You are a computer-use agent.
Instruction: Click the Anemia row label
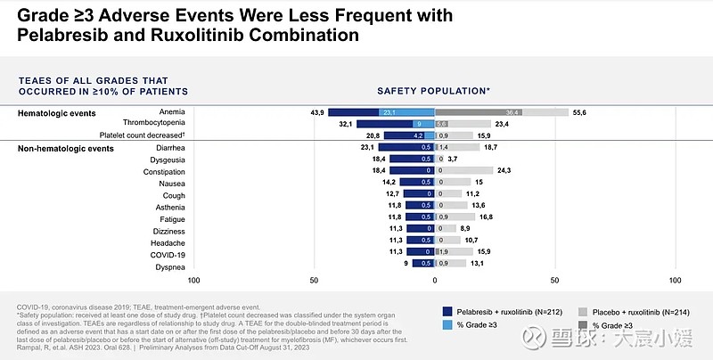pyautogui.click(x=172, y=112)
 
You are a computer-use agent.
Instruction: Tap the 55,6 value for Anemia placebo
pyautogui.click(x=579, y=112)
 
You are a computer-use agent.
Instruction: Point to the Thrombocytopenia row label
pyautogui.click(x=154, y=124)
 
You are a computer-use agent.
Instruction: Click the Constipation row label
pyautogui.click(x=164, y=171)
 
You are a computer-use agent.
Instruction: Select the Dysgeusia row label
pyautogui.click(x=167, y=159)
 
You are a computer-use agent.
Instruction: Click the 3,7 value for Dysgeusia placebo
pyautogui.click(x=453, y=159)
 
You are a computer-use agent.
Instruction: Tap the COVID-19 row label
pyautogui.click(x=168, y=254)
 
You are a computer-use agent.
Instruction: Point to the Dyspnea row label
pyautogui.click(x=169, y=266)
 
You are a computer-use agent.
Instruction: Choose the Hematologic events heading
pyautogui.click(x=57, y=113)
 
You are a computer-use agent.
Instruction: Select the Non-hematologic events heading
pyautogui.click(x=66, y=148)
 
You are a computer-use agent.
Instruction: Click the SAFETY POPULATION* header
pyautogui.click(x=433, y=91)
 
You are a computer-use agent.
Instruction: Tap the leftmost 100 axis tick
pyautogui.click(x=194, y=280)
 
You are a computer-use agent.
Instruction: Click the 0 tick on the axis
pyautogui.click(x=435, y=280)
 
